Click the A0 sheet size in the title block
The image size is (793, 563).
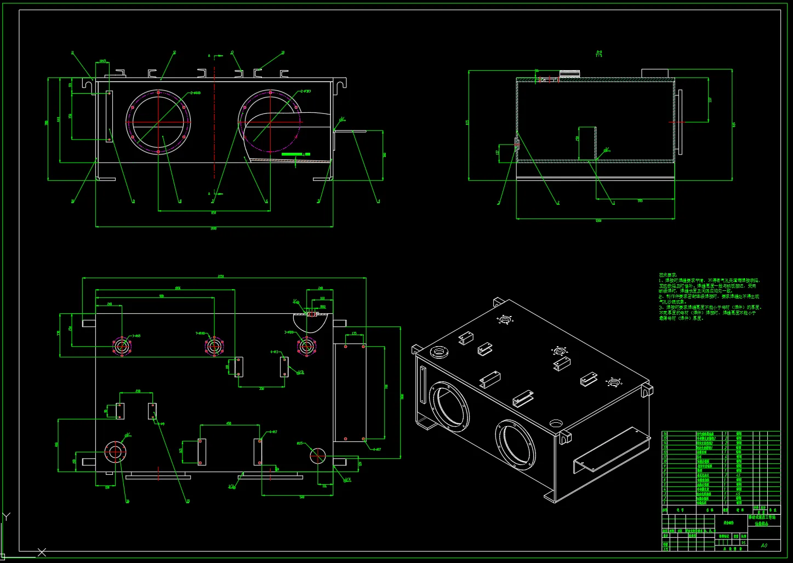tap(764, 545)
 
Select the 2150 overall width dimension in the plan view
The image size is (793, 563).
tap(221, 277)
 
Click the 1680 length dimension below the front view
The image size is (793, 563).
tap(214, 228)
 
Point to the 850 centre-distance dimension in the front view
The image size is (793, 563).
tap(213, 212)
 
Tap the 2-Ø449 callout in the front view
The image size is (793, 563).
tap(195, 93)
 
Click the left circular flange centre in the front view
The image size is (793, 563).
tap(158, 122)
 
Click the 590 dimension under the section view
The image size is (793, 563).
tap(640, 201)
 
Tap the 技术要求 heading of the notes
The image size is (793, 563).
tap(668, 275)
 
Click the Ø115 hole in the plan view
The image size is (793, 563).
tap(318, 454)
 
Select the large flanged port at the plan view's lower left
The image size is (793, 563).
tap(115, 452)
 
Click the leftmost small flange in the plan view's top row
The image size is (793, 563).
tap(122, 346)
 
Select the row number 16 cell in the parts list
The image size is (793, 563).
tap(665, 433)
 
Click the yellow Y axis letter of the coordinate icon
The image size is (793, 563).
tap(7, 516)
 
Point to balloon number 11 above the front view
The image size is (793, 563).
tap(72, 53)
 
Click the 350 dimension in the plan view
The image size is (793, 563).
tap(261, 389)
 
